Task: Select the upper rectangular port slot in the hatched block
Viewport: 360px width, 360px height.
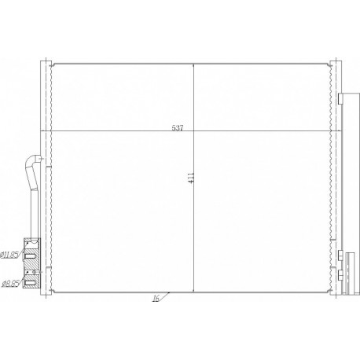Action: click(31, 254)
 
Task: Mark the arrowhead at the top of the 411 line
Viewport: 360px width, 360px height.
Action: click(194, 64)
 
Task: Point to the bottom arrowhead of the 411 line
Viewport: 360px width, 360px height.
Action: click(194, 288)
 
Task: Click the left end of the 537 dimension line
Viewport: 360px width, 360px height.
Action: click(50, 130)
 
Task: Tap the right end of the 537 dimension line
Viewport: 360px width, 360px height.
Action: click(335, 130)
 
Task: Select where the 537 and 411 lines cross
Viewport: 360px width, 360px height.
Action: click(194, 130)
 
